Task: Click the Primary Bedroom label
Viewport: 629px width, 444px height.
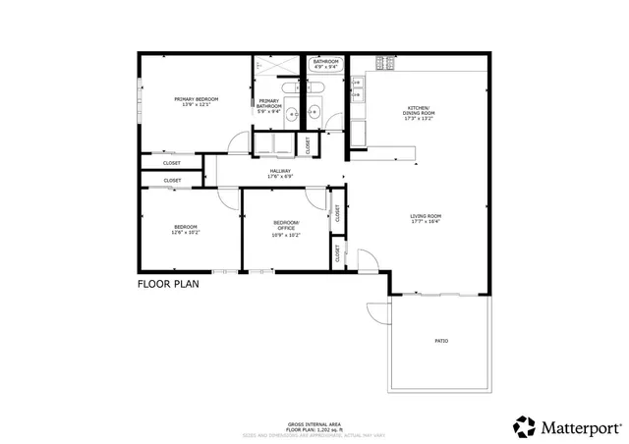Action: (x=196, y=99)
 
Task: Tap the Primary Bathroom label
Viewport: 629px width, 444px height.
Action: (x=268, y=103)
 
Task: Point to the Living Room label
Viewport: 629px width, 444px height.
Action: (x=426, y=216)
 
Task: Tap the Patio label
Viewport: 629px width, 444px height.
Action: (x=441, y=340)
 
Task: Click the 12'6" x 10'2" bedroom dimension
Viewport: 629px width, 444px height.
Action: (x=186, y=233)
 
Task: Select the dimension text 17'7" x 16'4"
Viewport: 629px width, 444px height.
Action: (x=426, y=222)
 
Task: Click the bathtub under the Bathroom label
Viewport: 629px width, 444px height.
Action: (x=325, y=72)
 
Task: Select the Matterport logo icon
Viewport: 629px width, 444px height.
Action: (x=525, y=426)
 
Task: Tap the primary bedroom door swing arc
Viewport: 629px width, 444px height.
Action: (x=236, y=145)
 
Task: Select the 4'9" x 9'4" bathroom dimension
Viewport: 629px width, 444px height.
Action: (x=325, y=68)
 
